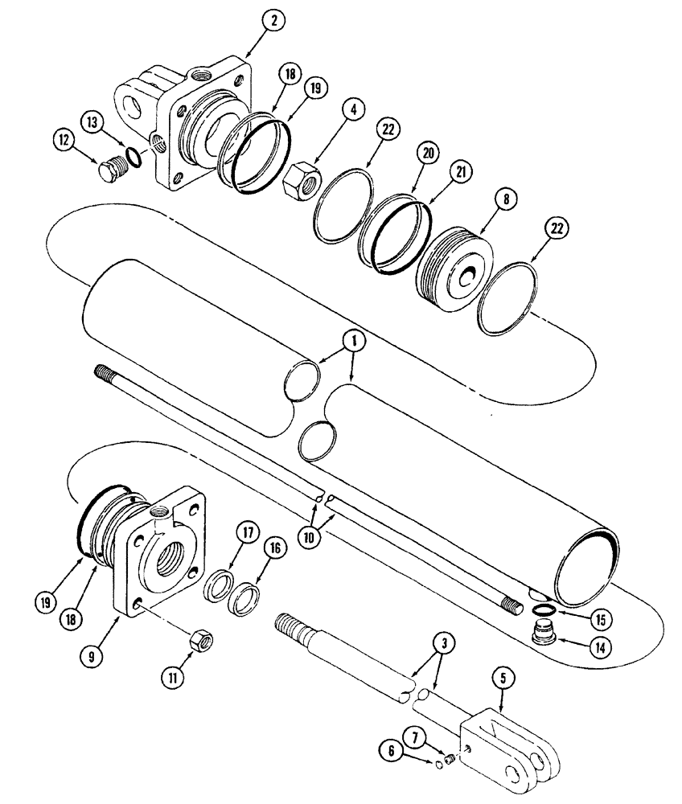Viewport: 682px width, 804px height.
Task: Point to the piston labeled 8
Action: click(x=454, y=265)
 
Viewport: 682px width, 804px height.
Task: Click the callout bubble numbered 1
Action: click(x=355, y=340)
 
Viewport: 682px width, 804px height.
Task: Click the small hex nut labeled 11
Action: click(x=198, y=642)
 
